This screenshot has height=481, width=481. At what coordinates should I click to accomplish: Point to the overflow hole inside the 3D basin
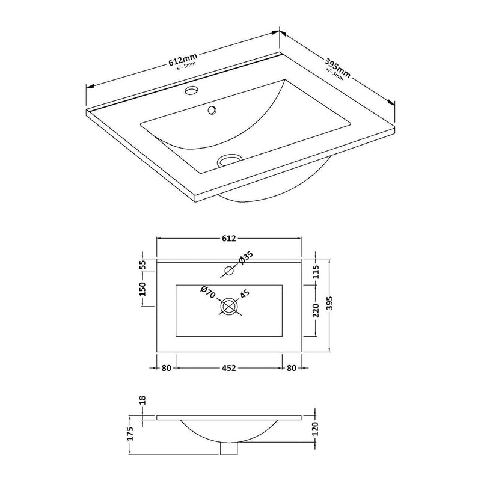[x=211, y=110]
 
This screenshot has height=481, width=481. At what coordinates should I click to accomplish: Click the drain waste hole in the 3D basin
[x=228, y=160]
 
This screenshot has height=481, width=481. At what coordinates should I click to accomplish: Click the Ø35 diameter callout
[x=247, y=258]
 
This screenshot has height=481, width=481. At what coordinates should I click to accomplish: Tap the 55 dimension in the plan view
[x=142, y=265]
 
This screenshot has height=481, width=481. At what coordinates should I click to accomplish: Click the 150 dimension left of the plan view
[x=142, y=289]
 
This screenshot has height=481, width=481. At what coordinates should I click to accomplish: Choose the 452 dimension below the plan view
[x=228, y=367]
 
